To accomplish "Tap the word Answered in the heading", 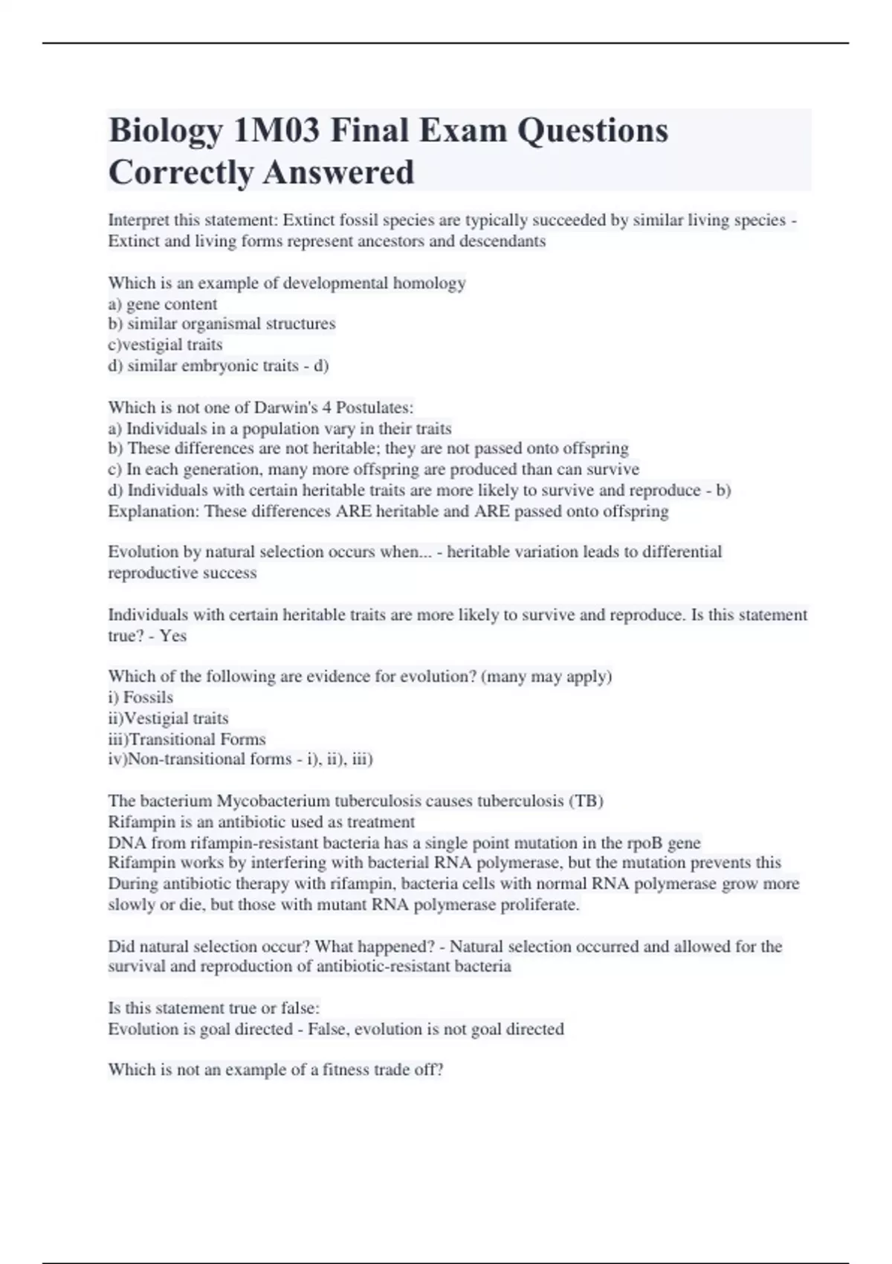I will [338, 172].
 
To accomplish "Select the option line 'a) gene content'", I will [163, 304].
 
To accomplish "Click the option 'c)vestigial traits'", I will [165, 345].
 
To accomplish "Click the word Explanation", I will [152, 512].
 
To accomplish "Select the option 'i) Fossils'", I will [140, 697].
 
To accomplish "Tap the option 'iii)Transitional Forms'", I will [187, 739].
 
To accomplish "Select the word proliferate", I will [540, 905].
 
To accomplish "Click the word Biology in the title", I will [165, 131].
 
